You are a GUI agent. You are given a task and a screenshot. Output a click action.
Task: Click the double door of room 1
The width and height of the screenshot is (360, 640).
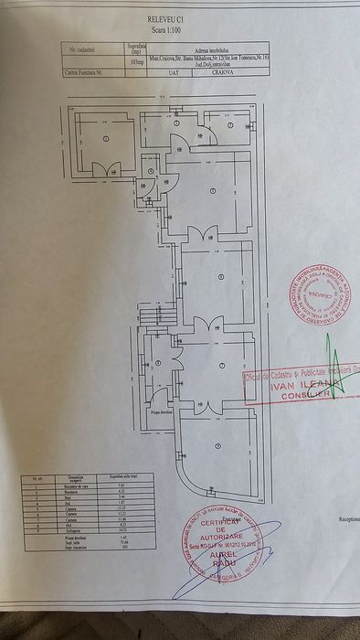[111, 170]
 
